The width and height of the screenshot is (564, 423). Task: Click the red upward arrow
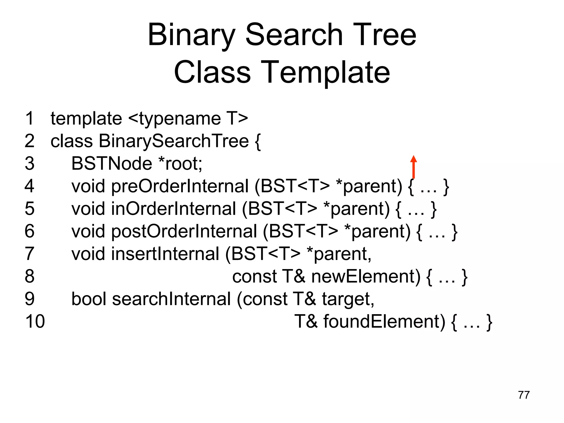(x=413, y=167)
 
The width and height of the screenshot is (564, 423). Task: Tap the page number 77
(x=524, y=395)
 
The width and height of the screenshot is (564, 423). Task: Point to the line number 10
(x=35, y=321)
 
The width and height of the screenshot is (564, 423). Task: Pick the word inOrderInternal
(x=173, y=209)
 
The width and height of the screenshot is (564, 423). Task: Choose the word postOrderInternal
(x=184, y=231)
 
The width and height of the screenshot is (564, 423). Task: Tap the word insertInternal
(x=165, y=254)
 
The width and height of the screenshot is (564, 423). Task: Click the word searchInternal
(x=171, y=299)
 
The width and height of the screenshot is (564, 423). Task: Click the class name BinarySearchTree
(x=174, y=141)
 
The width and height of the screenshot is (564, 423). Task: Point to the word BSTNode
(x=112, y=164)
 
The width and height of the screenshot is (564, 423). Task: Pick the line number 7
(x=29, y=254)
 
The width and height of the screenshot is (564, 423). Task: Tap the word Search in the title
(x=294, y=35)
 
